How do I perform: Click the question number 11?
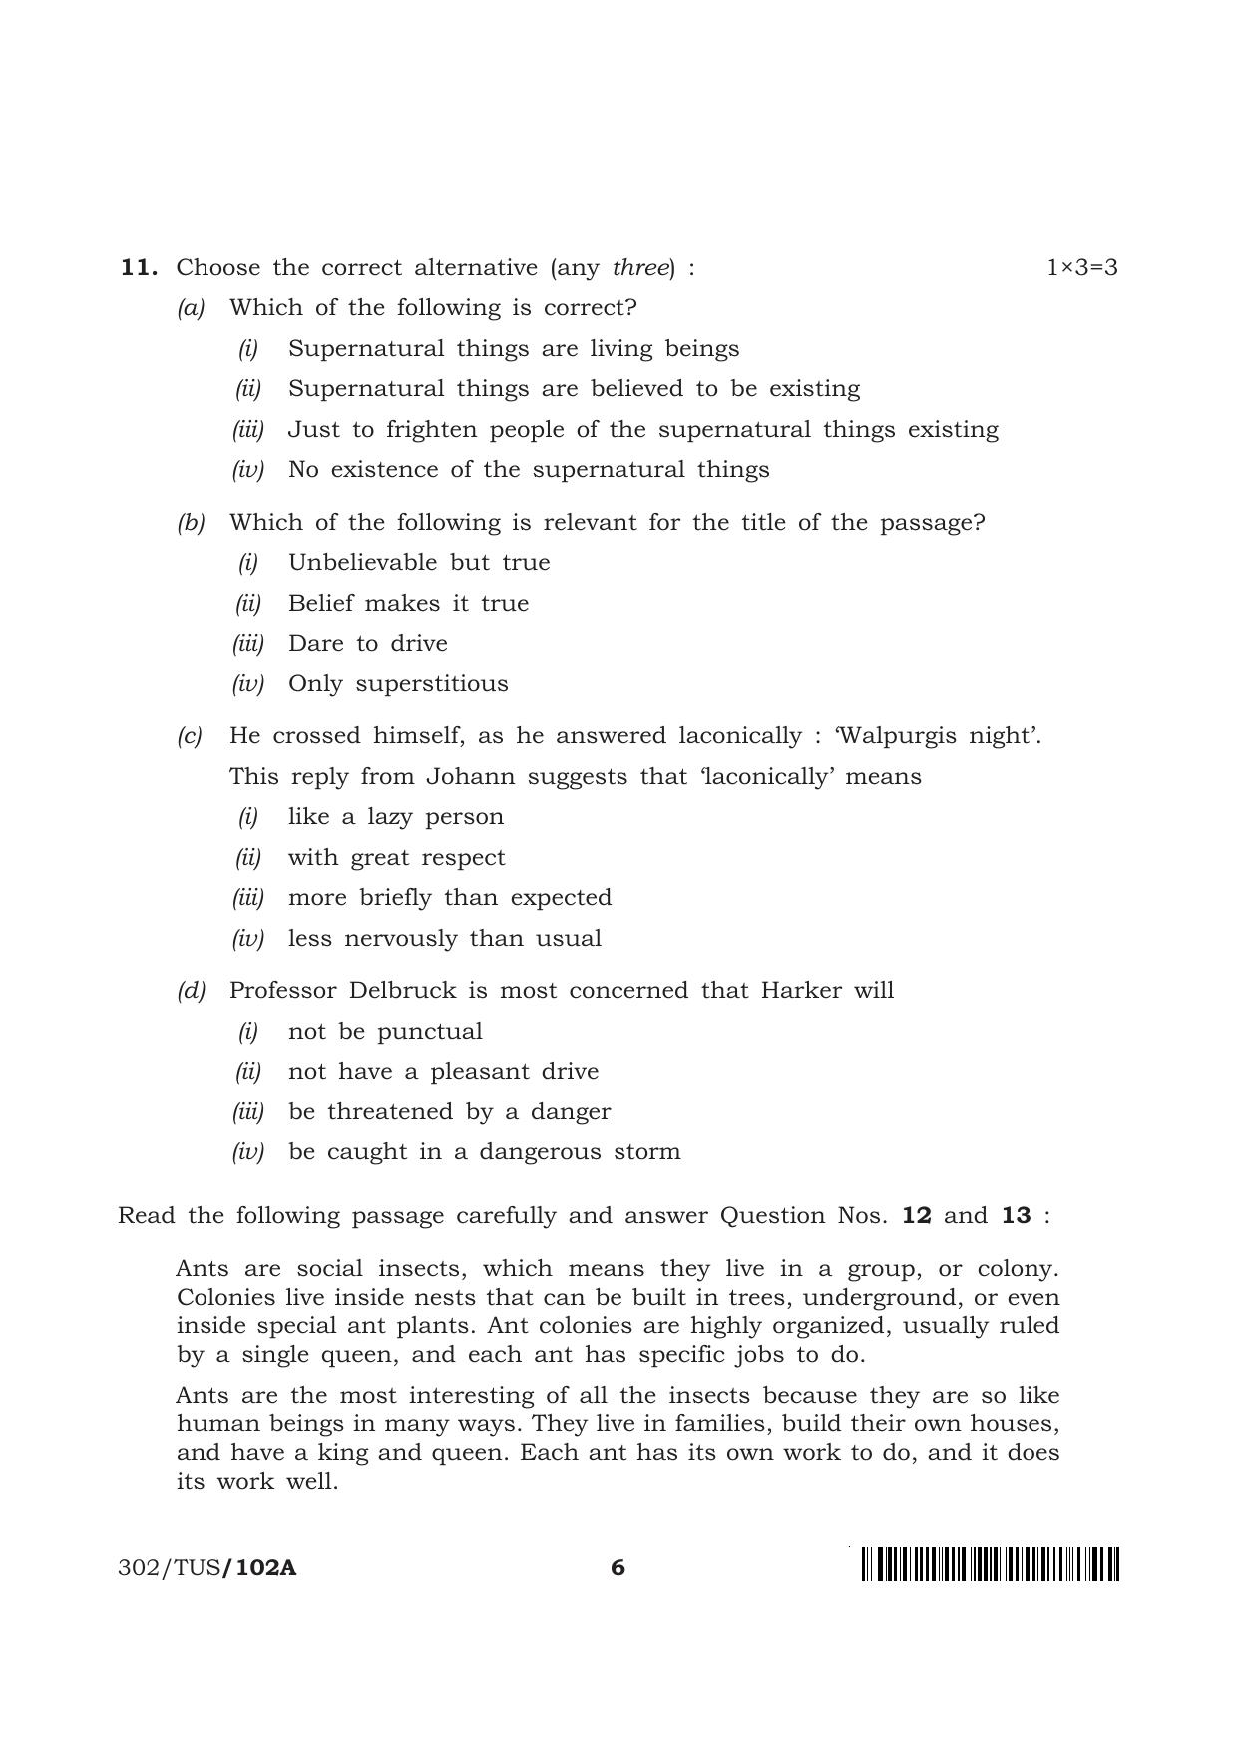139,267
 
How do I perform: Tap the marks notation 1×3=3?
1081,267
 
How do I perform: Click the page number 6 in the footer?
618,1567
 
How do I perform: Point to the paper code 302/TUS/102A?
206,1567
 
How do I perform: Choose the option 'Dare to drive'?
367,643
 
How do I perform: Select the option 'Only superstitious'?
397,683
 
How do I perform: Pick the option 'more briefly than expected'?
449,897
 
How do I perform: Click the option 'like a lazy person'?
395,816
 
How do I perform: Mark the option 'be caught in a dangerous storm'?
484,1151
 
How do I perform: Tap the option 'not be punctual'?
384,1031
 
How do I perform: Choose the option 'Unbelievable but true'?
418,562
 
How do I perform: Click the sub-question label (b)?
191,522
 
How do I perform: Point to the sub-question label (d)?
191,990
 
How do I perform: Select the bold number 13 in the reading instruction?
1016,1215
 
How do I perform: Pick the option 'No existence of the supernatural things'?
528,469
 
